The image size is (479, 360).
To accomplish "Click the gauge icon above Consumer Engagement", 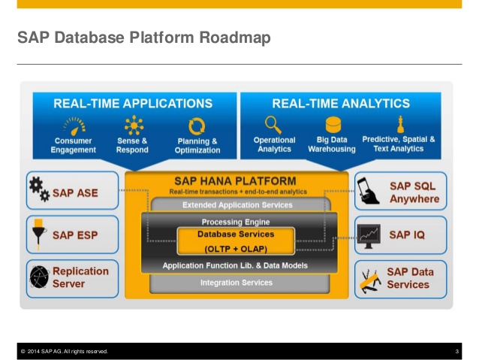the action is click(x=74, y=126).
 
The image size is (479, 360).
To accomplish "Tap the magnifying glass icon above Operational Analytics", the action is click(x=273, y=125).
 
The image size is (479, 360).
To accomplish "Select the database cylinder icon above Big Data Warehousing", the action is click(x=333, y=125).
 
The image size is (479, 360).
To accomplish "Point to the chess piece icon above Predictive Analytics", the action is click(x=400, y=124).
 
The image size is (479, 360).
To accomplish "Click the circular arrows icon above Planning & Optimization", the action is click(x=197, y=126).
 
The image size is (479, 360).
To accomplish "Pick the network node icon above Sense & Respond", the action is click(x=134, y=125).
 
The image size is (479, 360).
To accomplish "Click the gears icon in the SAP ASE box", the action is click(x=39, y=189).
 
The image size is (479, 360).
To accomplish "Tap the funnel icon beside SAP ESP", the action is click(x=39, y=234).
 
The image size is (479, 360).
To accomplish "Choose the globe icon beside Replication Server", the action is click(x=39, y=277).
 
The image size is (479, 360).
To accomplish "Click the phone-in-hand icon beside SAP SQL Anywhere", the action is click(x=368, y=191).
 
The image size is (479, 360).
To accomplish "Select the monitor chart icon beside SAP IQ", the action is click(x=369, y=236).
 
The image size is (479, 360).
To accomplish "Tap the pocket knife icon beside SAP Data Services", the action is click(x=370, y=281).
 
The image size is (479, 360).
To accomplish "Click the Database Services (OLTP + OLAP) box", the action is click(x=236, y=241).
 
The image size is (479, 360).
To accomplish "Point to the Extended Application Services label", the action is click(x=237, y=205).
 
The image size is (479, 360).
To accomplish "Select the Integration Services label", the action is click(x=236, y=283).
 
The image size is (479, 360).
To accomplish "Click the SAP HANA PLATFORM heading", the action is click(x=235, y=181).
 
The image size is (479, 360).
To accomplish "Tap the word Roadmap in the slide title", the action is click(x=235, y=38).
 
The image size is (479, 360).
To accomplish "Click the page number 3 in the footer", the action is click(x=457, y=352).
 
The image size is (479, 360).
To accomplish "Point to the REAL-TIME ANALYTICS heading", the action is click(x=341, y=104).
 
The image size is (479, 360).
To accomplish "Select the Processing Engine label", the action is click(x=236, y=222).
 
